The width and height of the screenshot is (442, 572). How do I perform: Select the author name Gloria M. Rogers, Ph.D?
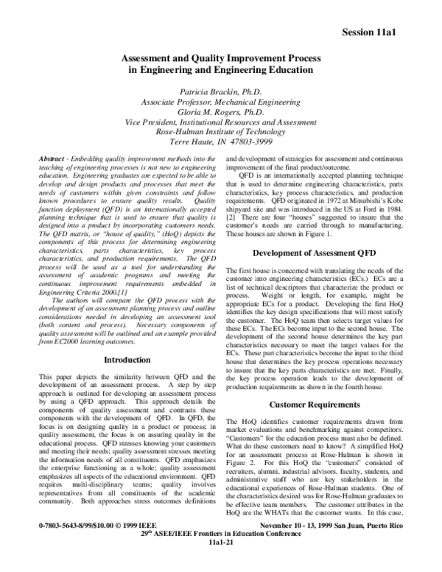(221, 112)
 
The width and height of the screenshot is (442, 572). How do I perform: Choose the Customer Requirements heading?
(315, 405)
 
